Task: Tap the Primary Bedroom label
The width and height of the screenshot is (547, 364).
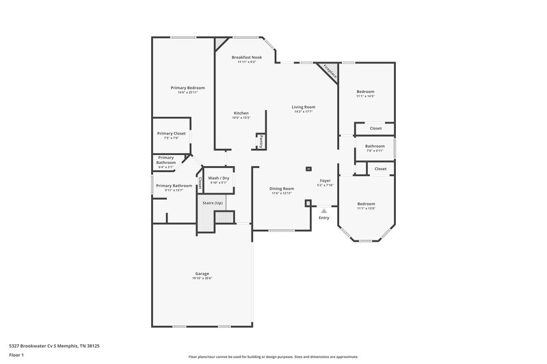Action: click(x=187, y=87)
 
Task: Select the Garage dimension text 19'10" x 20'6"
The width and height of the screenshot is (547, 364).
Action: click(x=202, y=278)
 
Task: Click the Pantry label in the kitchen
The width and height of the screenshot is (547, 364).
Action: click(x=261, y=141)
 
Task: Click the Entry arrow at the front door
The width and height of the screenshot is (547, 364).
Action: click(x=324, y=211)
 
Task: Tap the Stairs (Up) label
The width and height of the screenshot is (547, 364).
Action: click(x=213, y=203)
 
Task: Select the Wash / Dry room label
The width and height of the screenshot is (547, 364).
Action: click(x=218, y=178)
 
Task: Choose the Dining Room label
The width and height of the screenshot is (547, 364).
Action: click(x=281, y=188)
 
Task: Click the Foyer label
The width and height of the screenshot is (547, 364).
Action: click(x=325, y=180)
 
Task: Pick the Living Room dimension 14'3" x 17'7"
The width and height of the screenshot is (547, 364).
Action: click(x=304, y=111)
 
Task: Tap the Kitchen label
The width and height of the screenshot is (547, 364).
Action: click(x=241, y=113)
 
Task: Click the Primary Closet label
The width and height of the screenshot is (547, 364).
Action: click(x=171, y=133)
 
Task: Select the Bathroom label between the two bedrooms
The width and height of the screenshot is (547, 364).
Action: click(x=374, y=145)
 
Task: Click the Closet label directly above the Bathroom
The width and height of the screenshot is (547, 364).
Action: click(x=375, y=128)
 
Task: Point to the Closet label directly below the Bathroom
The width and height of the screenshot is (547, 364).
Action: click(x=380, y=168)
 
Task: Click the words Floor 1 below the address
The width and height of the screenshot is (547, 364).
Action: click(x=17, y=355)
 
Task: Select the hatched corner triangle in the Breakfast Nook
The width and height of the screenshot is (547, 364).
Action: click(x=220, y=43)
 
